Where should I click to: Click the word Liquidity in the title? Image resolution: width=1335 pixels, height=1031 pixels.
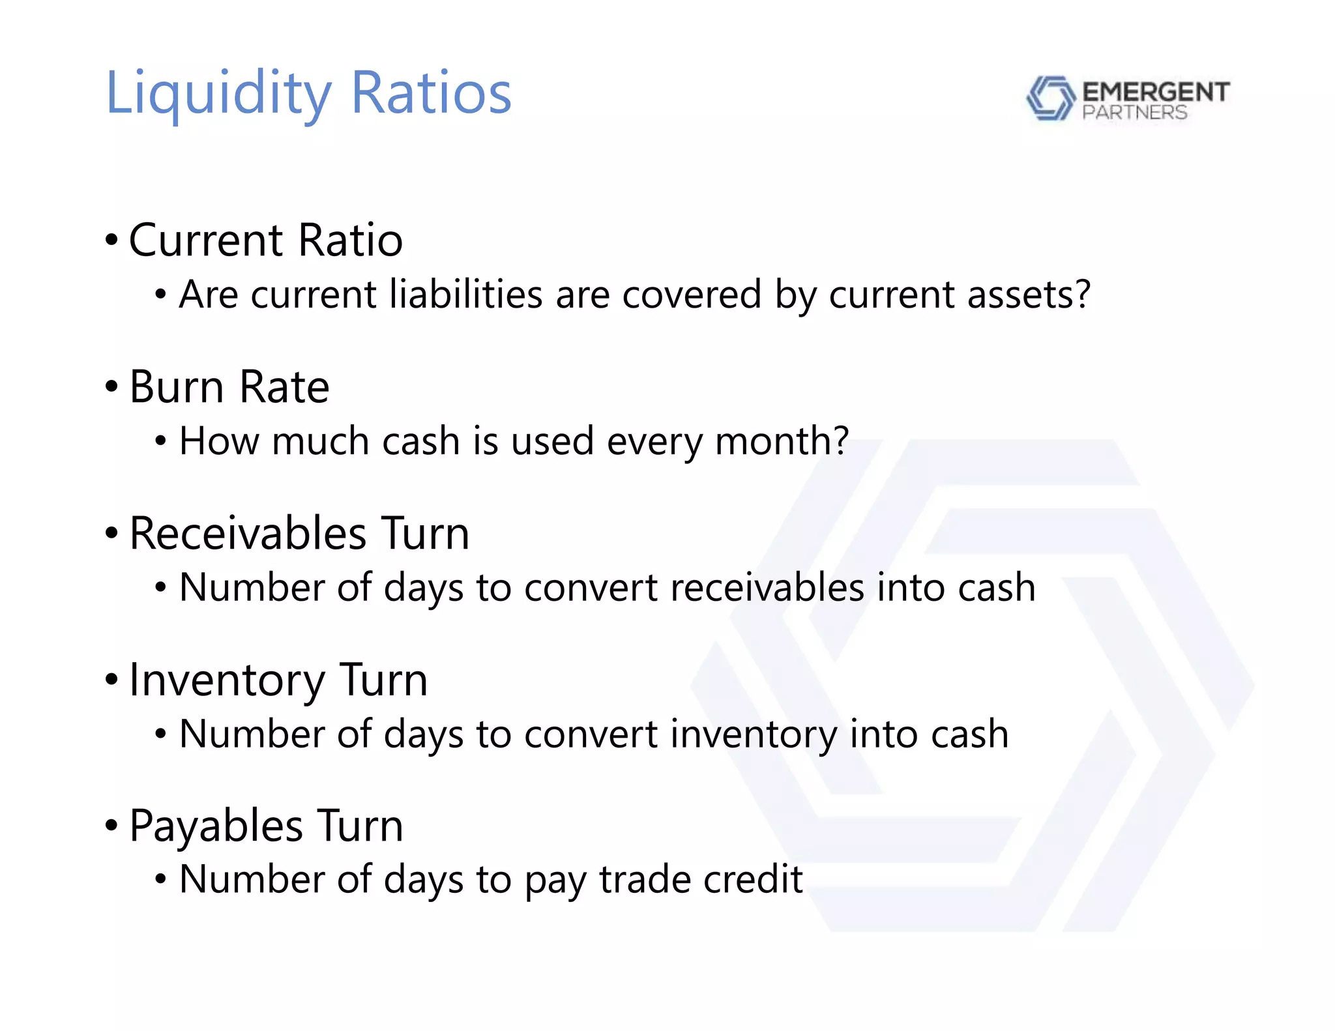[x=218, y=94]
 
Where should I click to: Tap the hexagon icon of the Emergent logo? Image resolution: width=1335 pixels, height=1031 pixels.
[x=1050, y=98]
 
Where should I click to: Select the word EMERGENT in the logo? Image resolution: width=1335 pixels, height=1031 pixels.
[x=1156, y=92]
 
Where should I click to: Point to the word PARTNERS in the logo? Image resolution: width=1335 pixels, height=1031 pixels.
[x=1134, y=113]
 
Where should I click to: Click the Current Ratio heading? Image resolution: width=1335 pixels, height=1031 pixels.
[x=265, y=240]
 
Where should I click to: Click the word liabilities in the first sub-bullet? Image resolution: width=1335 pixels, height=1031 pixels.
[x=466, y=295]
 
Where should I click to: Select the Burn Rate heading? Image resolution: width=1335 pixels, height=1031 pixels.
[x=229, y=387]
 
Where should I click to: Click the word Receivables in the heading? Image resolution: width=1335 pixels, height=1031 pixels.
[x=248, y=534]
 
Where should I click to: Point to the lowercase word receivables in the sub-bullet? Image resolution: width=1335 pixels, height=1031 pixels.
[x=767, y=588]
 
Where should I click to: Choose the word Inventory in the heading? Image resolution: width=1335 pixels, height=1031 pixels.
[x=227, y=680]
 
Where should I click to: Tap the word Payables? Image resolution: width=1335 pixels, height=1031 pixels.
[x=216, y=826]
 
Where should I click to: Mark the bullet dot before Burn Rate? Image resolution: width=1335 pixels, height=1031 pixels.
[x=111, y=387]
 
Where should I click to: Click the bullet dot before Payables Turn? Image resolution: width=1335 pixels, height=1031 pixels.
[x=111, y=826]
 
